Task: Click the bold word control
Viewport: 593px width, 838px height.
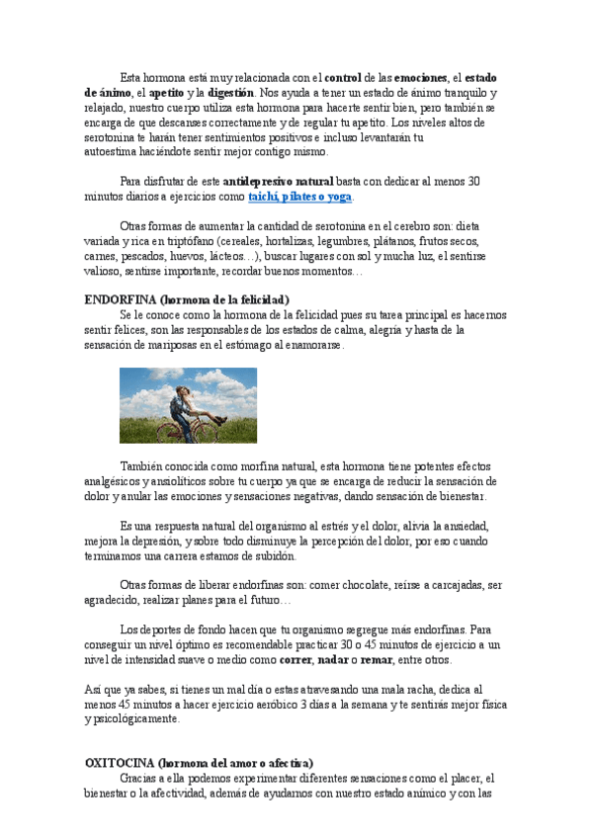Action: (x=343, y=77)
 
